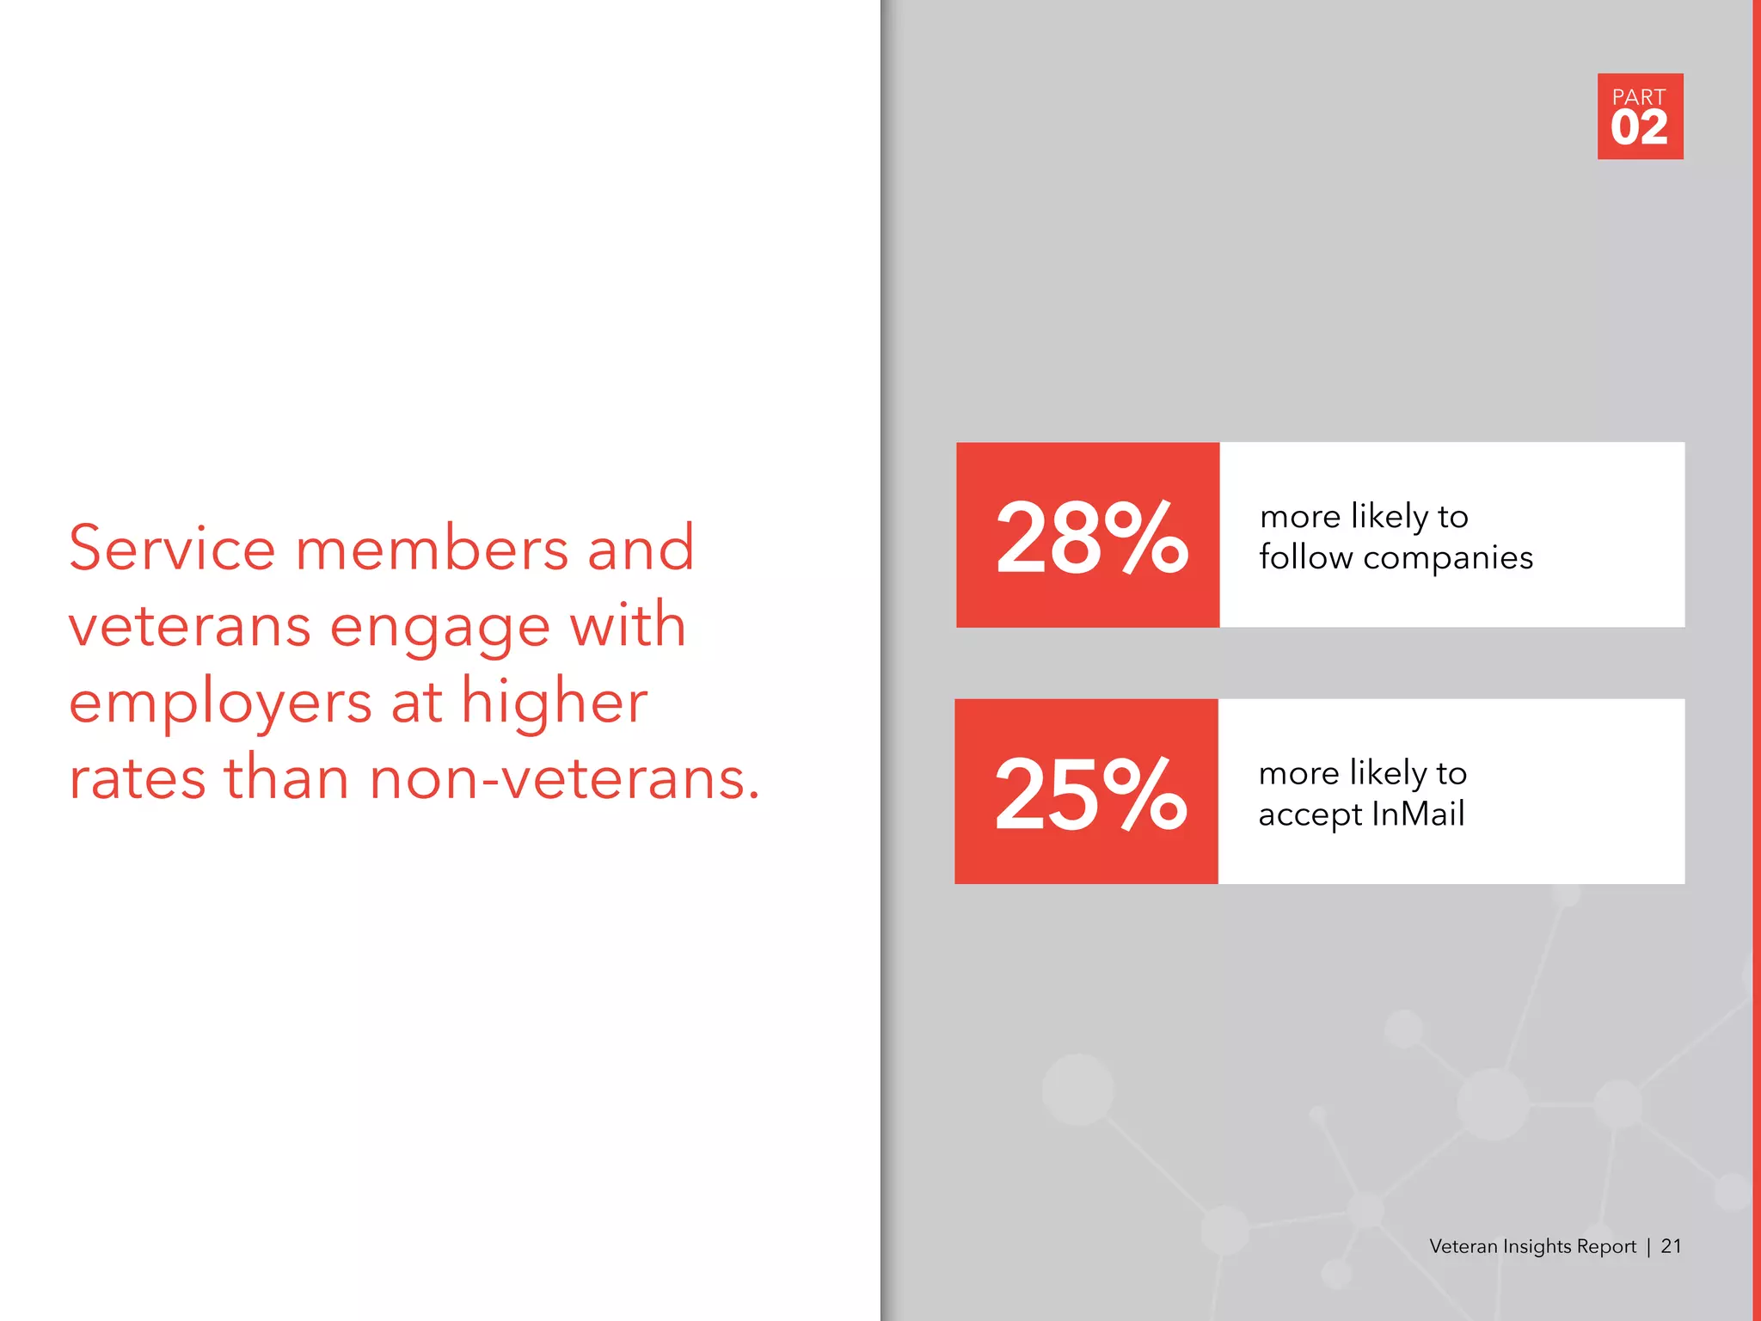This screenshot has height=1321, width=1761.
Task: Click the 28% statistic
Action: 1091,538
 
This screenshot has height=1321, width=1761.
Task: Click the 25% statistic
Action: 1089,794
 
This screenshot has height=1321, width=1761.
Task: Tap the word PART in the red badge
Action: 1639,97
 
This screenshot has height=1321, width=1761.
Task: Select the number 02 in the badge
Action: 1639,128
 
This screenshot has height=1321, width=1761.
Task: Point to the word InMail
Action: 1418,814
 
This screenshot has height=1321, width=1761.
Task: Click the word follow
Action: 1305,557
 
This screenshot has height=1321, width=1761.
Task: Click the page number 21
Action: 1671,1246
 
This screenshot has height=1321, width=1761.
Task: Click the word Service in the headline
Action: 172,548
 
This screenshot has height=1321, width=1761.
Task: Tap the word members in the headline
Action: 432,550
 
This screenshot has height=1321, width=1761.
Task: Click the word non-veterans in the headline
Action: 564,779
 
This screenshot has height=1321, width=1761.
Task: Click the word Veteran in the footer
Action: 1463,1246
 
